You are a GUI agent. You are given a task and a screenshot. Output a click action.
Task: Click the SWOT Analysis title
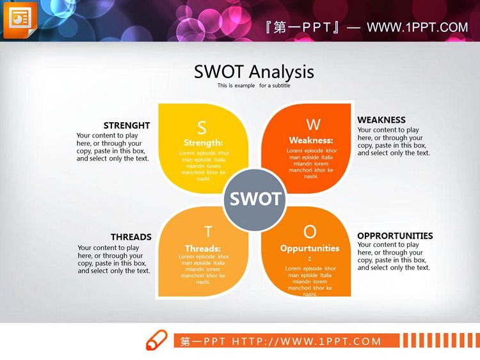coord(253,72)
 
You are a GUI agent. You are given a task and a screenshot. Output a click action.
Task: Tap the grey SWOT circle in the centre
coord(255,200)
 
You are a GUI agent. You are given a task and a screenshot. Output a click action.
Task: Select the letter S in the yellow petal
coord(202,127)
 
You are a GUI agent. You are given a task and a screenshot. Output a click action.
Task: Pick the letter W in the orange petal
coord(313,124)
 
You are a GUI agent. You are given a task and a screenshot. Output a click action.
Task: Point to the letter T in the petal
coord(207,232)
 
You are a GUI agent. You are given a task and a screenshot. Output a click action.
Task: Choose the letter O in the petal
coord(310,231)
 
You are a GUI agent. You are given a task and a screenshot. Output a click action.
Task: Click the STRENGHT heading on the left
coord(127,125)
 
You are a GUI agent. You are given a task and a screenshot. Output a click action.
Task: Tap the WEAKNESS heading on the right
coord(381,120)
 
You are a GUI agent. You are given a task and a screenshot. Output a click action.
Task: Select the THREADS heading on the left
coord(131,237)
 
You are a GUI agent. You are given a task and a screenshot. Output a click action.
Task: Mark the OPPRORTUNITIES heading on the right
coord(395,236)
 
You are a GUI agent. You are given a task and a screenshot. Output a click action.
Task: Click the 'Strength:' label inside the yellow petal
coord(204,143)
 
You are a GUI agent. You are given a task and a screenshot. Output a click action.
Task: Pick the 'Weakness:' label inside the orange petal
coord(311,140)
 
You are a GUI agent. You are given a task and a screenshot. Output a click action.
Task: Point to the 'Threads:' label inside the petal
coord(203,248)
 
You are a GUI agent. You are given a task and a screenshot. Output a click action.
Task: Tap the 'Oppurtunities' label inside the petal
coord(310,248)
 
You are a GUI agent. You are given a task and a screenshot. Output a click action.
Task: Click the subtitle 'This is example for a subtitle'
coord(253,86)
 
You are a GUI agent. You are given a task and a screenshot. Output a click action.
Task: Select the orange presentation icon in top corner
coord(20,20)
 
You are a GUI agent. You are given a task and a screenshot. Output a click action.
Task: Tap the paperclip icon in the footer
coord(156,340)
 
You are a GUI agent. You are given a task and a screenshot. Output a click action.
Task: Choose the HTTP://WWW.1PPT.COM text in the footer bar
coord(307,341)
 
